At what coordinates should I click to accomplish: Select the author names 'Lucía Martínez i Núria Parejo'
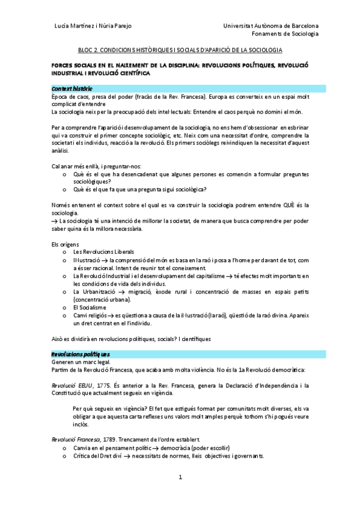(93, 26)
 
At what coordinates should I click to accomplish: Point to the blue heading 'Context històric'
(72, 88)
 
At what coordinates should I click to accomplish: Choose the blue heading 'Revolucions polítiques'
(80, 354)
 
